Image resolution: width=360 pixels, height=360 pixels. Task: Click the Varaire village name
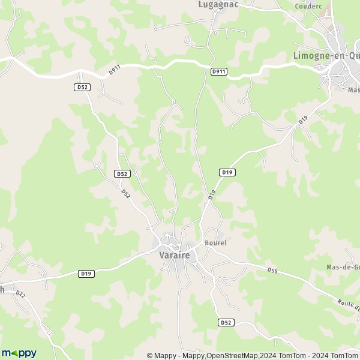[175, 255]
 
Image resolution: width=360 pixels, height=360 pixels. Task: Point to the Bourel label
[215, 243]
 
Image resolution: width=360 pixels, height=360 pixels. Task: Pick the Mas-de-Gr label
[343, 267]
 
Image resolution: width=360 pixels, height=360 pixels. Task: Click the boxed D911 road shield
[219, 71]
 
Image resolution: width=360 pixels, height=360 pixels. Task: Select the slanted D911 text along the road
[115, 71]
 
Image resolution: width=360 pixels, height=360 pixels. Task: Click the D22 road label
[20, 294]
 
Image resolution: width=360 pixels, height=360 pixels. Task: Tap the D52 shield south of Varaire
[225, 322]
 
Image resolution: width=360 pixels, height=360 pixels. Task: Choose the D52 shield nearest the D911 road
[82, 87]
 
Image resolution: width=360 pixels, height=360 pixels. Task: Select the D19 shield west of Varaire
[86, 274]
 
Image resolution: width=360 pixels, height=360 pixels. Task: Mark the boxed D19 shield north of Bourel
[227, 172]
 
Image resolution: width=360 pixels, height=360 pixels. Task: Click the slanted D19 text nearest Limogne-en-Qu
[302, 122]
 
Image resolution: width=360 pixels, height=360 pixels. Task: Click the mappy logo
[19, 353]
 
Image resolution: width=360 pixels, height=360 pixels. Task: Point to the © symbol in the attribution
[149, 355]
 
